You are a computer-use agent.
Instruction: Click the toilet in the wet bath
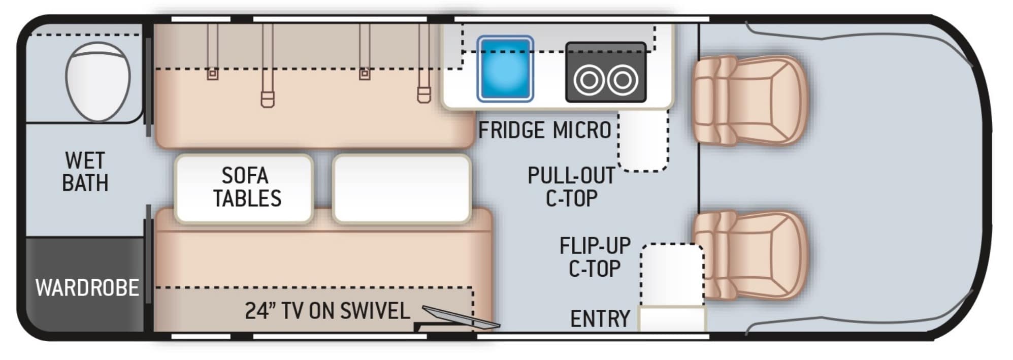click(x=98, y=81)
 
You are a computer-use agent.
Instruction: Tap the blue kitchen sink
click(x=505, y=69)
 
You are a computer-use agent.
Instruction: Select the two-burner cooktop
click(x=605, y=73)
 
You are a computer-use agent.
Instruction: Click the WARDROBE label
click(x=87, y=288)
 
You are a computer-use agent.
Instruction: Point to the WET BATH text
click(x=85, y=172)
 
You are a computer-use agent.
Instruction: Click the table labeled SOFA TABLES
click(x=244, y=188)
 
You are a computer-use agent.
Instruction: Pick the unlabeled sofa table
click(x=401, y=188)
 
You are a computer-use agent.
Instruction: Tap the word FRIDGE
click(x=511, y=130)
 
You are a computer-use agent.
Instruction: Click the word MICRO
click(x=582, y=130)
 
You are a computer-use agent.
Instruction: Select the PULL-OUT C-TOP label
click(x=571, y=187)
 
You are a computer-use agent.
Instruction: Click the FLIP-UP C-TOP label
click(x=595, y=257)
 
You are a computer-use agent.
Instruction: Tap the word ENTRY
click(x=600, y=319)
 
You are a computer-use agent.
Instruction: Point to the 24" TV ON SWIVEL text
click(x=327, y=311)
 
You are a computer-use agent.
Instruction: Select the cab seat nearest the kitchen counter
click(x=749, y=100)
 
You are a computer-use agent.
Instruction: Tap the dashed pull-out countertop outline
click(x=643, y=142)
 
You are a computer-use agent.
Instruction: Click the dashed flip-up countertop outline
click(x=672, y=274)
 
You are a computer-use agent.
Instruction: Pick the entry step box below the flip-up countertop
click(x=672, y=319)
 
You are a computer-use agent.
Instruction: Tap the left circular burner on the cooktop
click(x=589, y=80)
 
